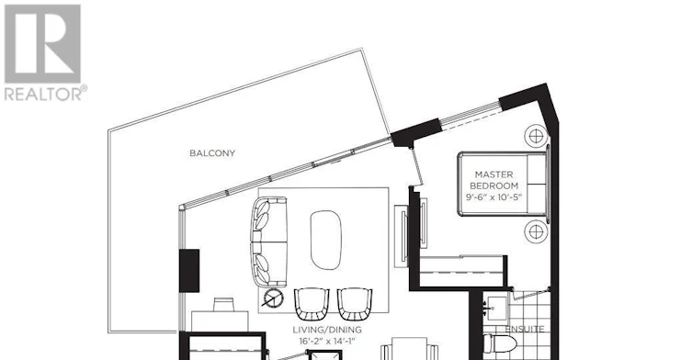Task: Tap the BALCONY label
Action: [212, 153]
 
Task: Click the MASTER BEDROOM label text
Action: [493, 180]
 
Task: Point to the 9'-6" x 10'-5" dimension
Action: [493, 197]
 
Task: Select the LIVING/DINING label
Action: [327, 330]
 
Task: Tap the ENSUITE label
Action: [525, 329]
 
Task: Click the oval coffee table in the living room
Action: [326, 240]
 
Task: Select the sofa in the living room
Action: [268, 242]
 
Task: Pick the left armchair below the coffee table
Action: [312, 304]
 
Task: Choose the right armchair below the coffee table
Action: [355, 304]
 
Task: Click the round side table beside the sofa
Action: [273, 298]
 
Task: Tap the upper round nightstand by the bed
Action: [536, 136]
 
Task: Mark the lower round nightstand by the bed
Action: [536, 231]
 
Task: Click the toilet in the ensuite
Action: [500, 343]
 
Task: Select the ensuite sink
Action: [497, 307]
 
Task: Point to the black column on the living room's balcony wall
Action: [189, 270]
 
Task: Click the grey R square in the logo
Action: [42, 44]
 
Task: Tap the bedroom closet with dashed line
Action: [461, 271]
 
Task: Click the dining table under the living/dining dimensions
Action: [409, 349]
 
